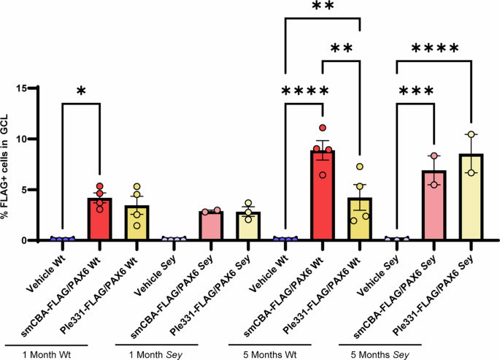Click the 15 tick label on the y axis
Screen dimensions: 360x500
(x=32, y=88)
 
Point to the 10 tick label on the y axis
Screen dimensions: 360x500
(x=32, y=139)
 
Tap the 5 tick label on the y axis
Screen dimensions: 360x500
(x=35, y=190)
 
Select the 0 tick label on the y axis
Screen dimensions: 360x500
(x=35, y=240)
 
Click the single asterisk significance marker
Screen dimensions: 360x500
(x=81, y=91)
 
